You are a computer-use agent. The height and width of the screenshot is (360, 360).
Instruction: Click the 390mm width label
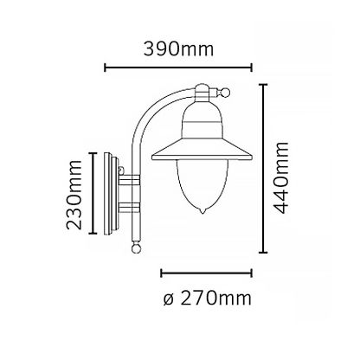coord(179,49)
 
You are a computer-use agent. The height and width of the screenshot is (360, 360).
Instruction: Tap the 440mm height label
coord(281,177)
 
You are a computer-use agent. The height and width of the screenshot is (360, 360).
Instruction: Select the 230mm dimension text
coord(74,195)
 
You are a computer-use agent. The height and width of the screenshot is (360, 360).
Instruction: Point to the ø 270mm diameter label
coord(207,298)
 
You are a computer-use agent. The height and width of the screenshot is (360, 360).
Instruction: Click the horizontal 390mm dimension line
coord(178,67)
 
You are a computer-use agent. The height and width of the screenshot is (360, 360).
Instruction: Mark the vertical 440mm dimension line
coord(263,169)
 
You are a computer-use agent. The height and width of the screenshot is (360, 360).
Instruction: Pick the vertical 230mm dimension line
coord(93,193)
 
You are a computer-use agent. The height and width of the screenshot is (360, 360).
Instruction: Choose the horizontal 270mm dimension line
coord(206,273)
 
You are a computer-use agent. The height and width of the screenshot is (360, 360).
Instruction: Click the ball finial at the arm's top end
coord(225,93)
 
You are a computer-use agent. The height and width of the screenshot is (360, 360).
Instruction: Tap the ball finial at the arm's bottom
coord(136,247)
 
